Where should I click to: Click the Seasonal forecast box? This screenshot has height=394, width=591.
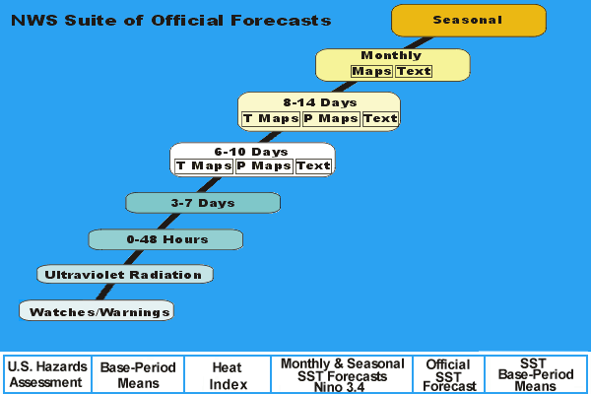[469, 21]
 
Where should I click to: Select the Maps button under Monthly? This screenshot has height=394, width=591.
[371, 71]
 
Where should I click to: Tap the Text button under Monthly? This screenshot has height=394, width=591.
[414, 71]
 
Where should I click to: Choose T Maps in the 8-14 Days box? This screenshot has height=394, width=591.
[271, 119]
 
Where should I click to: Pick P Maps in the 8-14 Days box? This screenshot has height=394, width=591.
[331, 119]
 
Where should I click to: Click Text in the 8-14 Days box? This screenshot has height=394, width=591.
[380, 119]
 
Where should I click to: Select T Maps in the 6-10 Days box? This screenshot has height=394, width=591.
[204, 166]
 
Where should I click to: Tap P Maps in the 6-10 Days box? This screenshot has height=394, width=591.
[264, 166]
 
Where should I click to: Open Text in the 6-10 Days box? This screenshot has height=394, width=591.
[313, 166]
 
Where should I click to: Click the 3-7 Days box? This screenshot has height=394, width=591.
[203, 203]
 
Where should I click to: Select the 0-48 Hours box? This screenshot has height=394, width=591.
[165, 239]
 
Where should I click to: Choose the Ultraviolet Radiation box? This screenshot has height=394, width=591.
[125, 274]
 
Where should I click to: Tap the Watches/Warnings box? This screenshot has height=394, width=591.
[97, 310]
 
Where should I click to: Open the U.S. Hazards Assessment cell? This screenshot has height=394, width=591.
[47, 374]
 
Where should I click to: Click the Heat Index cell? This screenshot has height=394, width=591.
[228, 374]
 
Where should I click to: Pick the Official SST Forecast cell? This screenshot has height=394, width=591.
[448, 374]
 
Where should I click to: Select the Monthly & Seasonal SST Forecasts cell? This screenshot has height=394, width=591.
[342, 374]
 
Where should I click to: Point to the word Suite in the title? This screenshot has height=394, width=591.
[91, 21]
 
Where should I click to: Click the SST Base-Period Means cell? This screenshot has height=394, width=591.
[536, 374]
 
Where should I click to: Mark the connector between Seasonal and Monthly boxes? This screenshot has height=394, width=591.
[419, 43]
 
